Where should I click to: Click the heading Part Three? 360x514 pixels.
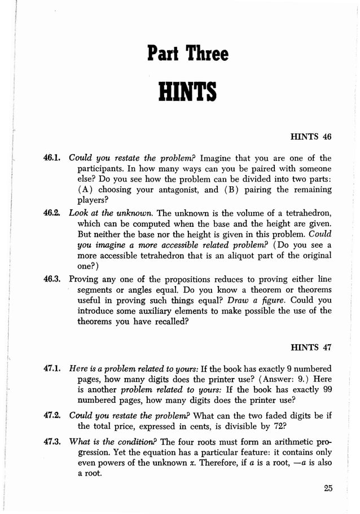188,55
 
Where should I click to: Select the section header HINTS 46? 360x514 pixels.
310,137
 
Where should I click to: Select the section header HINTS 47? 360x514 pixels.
310,346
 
